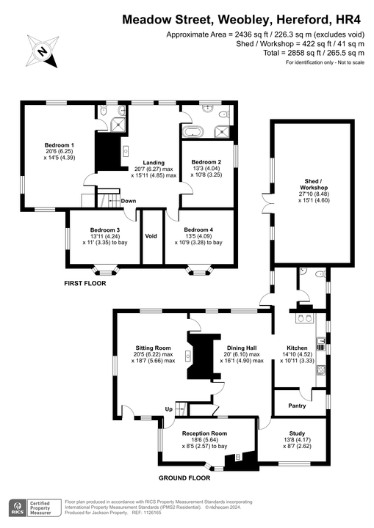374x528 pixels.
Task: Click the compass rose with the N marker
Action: coord(43,51)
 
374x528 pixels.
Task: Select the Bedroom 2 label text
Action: coord(206,162)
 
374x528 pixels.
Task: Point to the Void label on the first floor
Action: coord(151,236)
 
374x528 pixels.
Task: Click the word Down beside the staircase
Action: coord(128,201)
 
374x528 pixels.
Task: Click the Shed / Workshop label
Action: coord(302,183)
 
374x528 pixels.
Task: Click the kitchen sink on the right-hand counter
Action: coord(321,341)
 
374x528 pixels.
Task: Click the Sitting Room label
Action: coord(153,348)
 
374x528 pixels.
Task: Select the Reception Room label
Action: coord(204,433)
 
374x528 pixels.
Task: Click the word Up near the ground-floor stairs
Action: coord(168,409)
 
